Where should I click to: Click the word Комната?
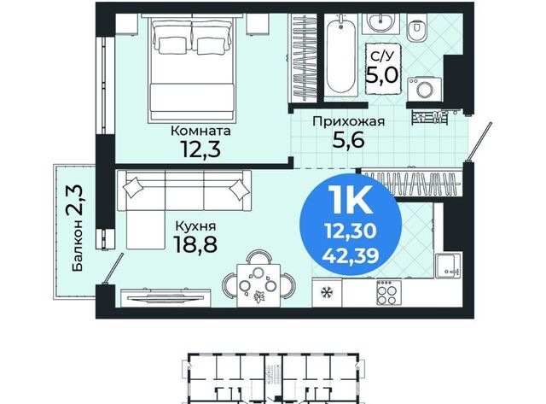[x=200, y=131]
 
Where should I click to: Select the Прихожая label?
[x=349, y=121]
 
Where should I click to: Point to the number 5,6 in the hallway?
[x=348, y=140]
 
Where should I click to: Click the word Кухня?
[x=195, y=226]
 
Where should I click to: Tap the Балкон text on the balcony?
[x=78, y=245]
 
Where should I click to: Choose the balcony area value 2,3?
[x=75, y=200]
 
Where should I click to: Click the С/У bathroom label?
[x=381, y=56]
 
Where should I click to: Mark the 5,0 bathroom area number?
[x=381, y=74]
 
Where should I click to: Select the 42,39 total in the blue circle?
[x=351, y=256]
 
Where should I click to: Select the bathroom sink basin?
[x=381, y=23]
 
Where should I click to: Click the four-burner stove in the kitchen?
[x=389, y=292]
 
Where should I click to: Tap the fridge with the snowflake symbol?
[x=327, y=292]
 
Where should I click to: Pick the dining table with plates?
[x=258, y=285]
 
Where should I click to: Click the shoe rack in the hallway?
[x=430, y=117]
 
